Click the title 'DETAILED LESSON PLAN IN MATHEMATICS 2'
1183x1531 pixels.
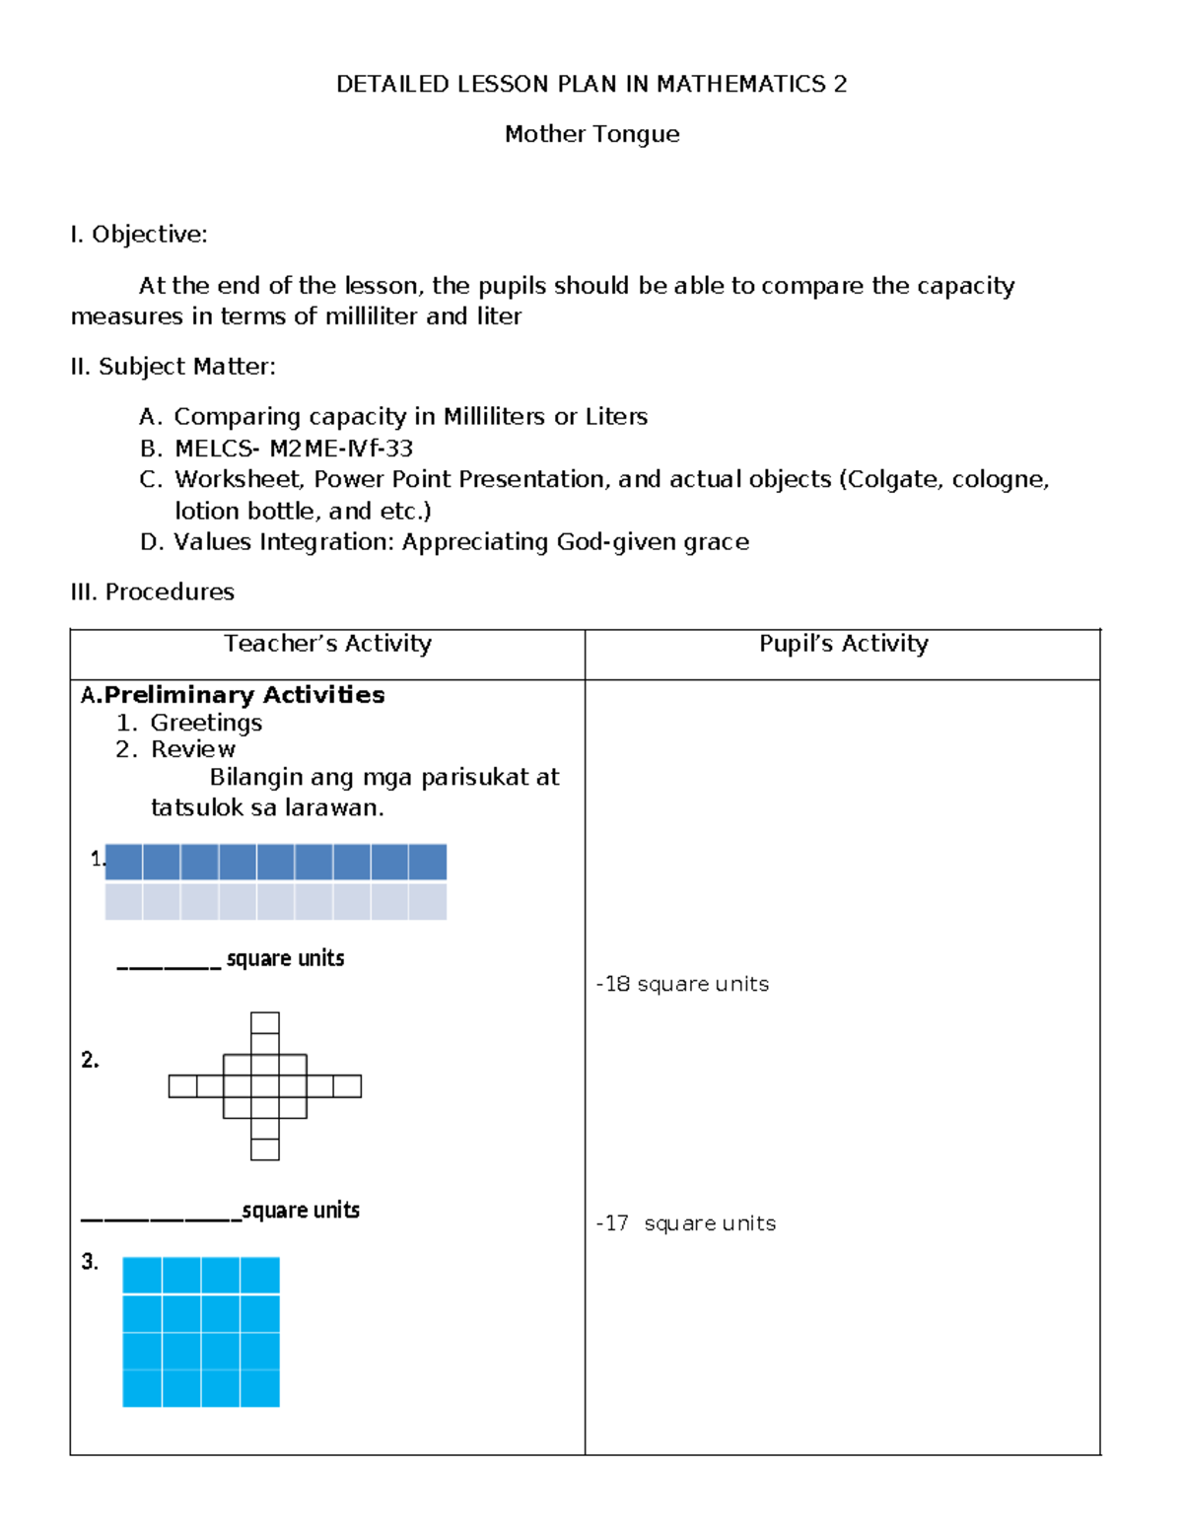coord(591,85)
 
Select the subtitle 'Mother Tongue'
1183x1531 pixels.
coord(591,134)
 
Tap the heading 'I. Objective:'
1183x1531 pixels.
coord(139,235)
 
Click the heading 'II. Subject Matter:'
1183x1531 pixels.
coord(174,367)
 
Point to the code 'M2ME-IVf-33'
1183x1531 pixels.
coord(341,449)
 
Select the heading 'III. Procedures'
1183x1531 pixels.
coord(153,592)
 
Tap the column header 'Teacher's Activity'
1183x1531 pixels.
coord(327,644)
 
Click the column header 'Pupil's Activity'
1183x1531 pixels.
coord(843,644)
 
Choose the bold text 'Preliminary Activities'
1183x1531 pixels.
coord(244,695)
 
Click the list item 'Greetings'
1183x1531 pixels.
coord(206,723)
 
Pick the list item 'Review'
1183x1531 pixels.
coord(193,749)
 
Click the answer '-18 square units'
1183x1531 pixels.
coord(683,984)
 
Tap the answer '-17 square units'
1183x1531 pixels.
coord(686,1223)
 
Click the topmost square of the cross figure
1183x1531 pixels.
coord(265,1022)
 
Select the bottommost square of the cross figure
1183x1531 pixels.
coord(265,1148)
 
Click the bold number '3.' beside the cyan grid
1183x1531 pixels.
coord(90,1262)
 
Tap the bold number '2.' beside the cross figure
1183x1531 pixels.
coord(90,1060)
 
